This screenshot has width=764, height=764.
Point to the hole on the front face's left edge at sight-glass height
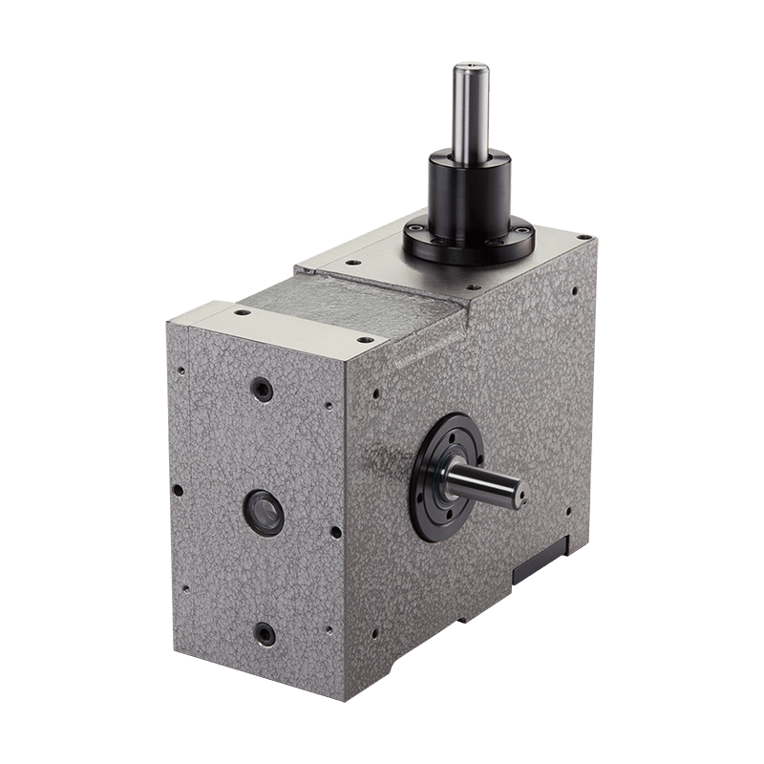pyautogui.click(x=178, y=491)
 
